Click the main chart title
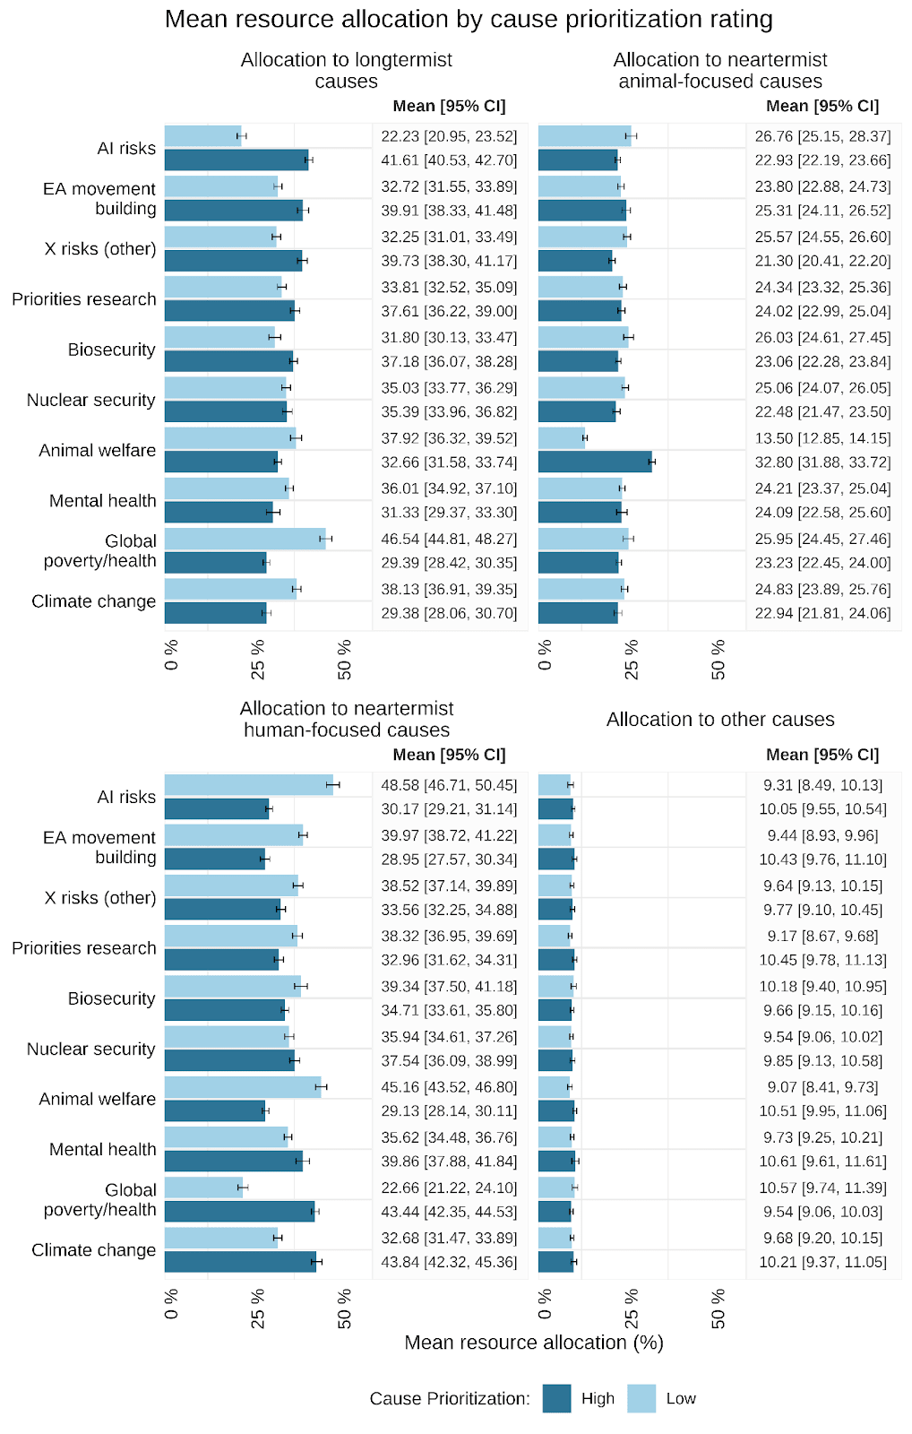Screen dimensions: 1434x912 pyautogui.click(x=469, y=20)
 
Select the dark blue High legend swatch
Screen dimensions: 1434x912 pyautogui.click(x=556, y=1398)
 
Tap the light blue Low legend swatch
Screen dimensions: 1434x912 pyautogui.click(x=641, y=1398)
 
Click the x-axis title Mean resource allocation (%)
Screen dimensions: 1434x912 pyautogui.click(x=533, y=1343)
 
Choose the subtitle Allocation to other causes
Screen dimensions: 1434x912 pyautogui.click(x=720, y=720)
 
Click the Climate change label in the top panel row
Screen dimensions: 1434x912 pyautogui.click(x=93, y=601)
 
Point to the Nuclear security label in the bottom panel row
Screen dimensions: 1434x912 pyautogui.click(x=90, y=1049)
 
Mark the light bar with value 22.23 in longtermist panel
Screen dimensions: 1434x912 pyautogui.click(x=203, y=136)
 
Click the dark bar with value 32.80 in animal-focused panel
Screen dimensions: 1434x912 pyautogui.click(x=595, y=462)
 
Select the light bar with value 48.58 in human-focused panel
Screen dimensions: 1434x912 pyautogui.click(x=248, y=785)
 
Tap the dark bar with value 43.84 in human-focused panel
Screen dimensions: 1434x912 pyautogui.click(x=240, y=1262)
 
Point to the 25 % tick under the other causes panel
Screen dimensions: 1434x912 pyautogui.click(x=632, y=1308)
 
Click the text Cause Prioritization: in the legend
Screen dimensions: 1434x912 pyautogui.click(x=450, y=1399)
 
